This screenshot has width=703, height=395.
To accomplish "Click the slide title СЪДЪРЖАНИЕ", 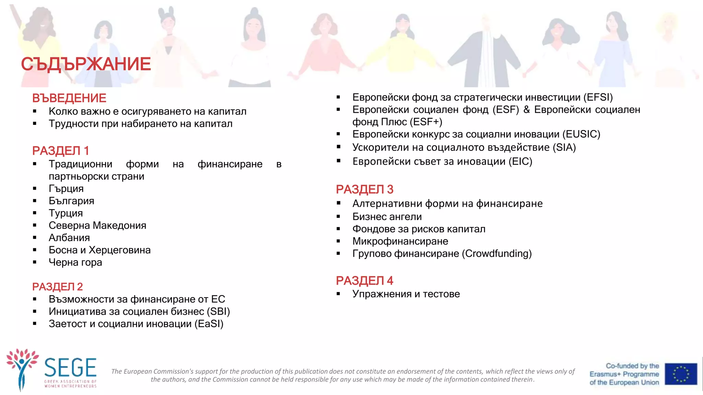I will pyautogui.click(x=86, y=64).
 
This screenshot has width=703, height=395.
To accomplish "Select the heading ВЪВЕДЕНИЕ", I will pyautogui.click(x=69, y=98).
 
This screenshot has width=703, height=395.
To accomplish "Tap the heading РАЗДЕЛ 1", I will pyautogui.click(x=60, y=151).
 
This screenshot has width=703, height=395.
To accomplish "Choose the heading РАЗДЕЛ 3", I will pyautogui.click(x=365, y=189).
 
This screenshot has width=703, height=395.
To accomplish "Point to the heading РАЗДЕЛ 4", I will pyautogui.click(x=365, y=280).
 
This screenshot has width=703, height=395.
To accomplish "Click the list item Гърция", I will pyautogui.click(x=66, y=189).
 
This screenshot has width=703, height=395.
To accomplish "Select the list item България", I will pyautogui.click(x=71, y=201).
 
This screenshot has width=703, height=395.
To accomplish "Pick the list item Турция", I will pyautogui.click(x=66, y=213).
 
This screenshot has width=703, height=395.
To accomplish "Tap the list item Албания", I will pyautogui.click(x=69, y=238).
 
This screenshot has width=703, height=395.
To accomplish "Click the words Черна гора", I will pyautogui.click(x=75, y=262).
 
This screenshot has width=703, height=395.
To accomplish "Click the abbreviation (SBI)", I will pyautogui.click(x=218, y=311).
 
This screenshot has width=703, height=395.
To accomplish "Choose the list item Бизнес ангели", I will pyautogui.click(x=387, y=217).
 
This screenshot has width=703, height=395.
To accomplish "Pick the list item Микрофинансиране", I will pyautogui.click(x=400, y=241).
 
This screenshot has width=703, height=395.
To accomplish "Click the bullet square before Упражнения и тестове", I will pyautogui.click(x=338, y=294).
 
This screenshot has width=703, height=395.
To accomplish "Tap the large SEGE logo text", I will pyautogui.click(x=70, y=368).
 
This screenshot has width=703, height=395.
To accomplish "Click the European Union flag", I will pyautogui.click(x=681, y=374).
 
